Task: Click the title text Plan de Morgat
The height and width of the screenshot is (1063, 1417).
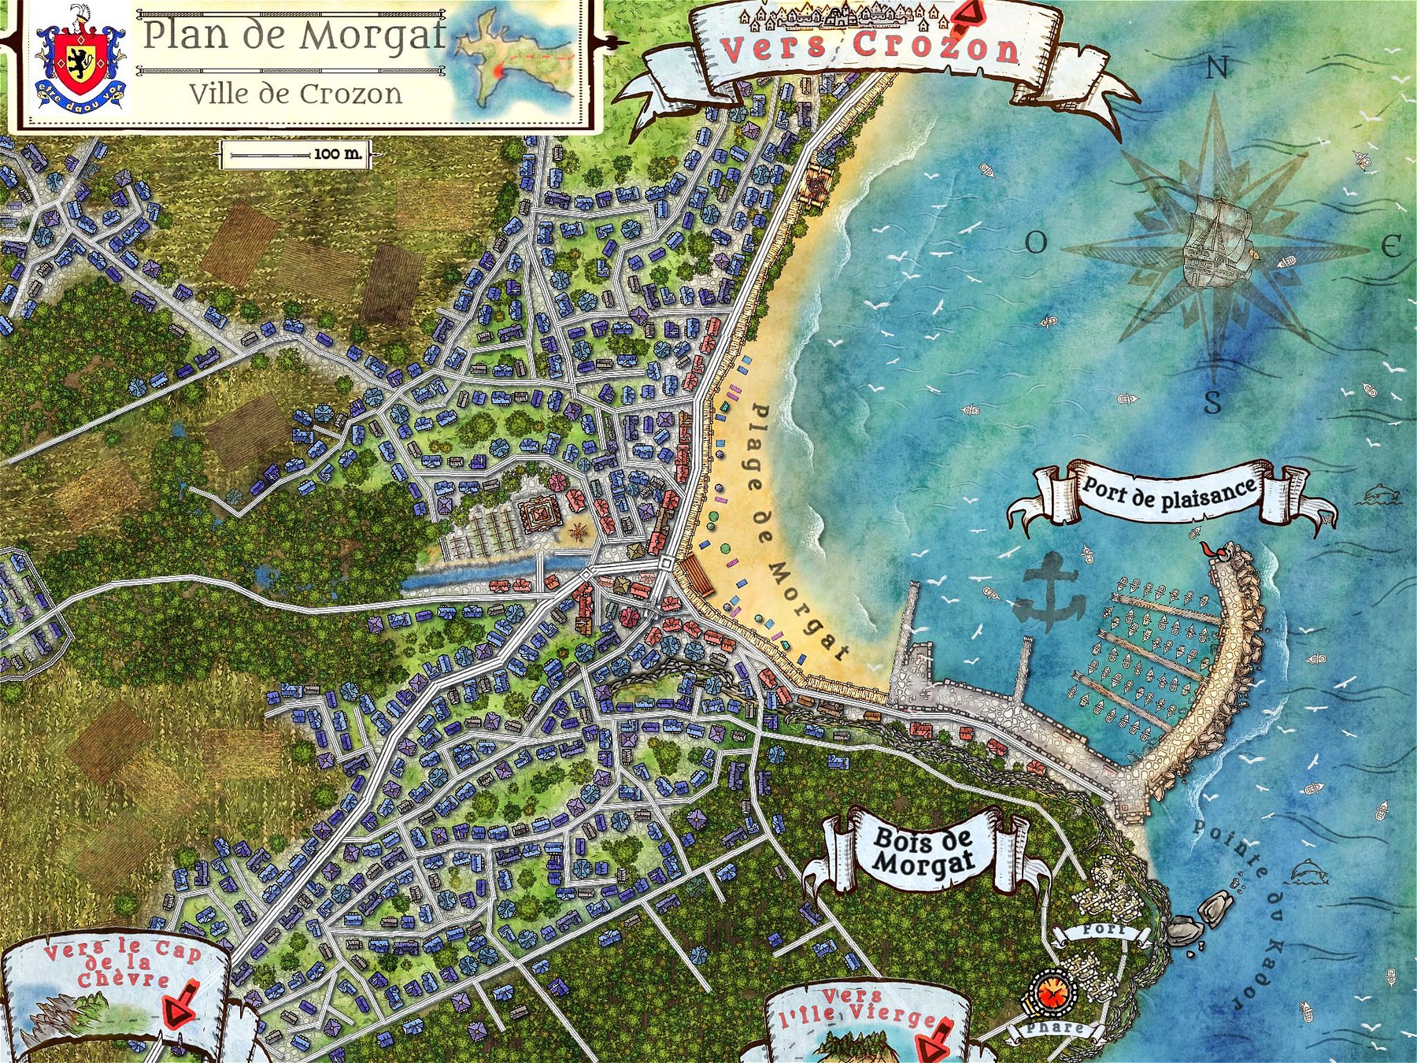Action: (x=294, y=35)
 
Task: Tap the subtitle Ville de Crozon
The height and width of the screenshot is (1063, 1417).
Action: (x=295, y=94)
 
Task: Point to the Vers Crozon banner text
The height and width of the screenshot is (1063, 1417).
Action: (x=870, y=47)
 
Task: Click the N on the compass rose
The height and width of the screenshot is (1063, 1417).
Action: (x=1217, y=69)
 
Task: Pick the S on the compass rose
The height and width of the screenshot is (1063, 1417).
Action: (x=1213, y=402)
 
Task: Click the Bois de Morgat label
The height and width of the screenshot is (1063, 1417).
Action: (x=922, y=852)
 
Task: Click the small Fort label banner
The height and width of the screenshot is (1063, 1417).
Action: (x=1102, y=931)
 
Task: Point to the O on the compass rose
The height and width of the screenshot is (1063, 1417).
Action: (x=1036, y=243)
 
